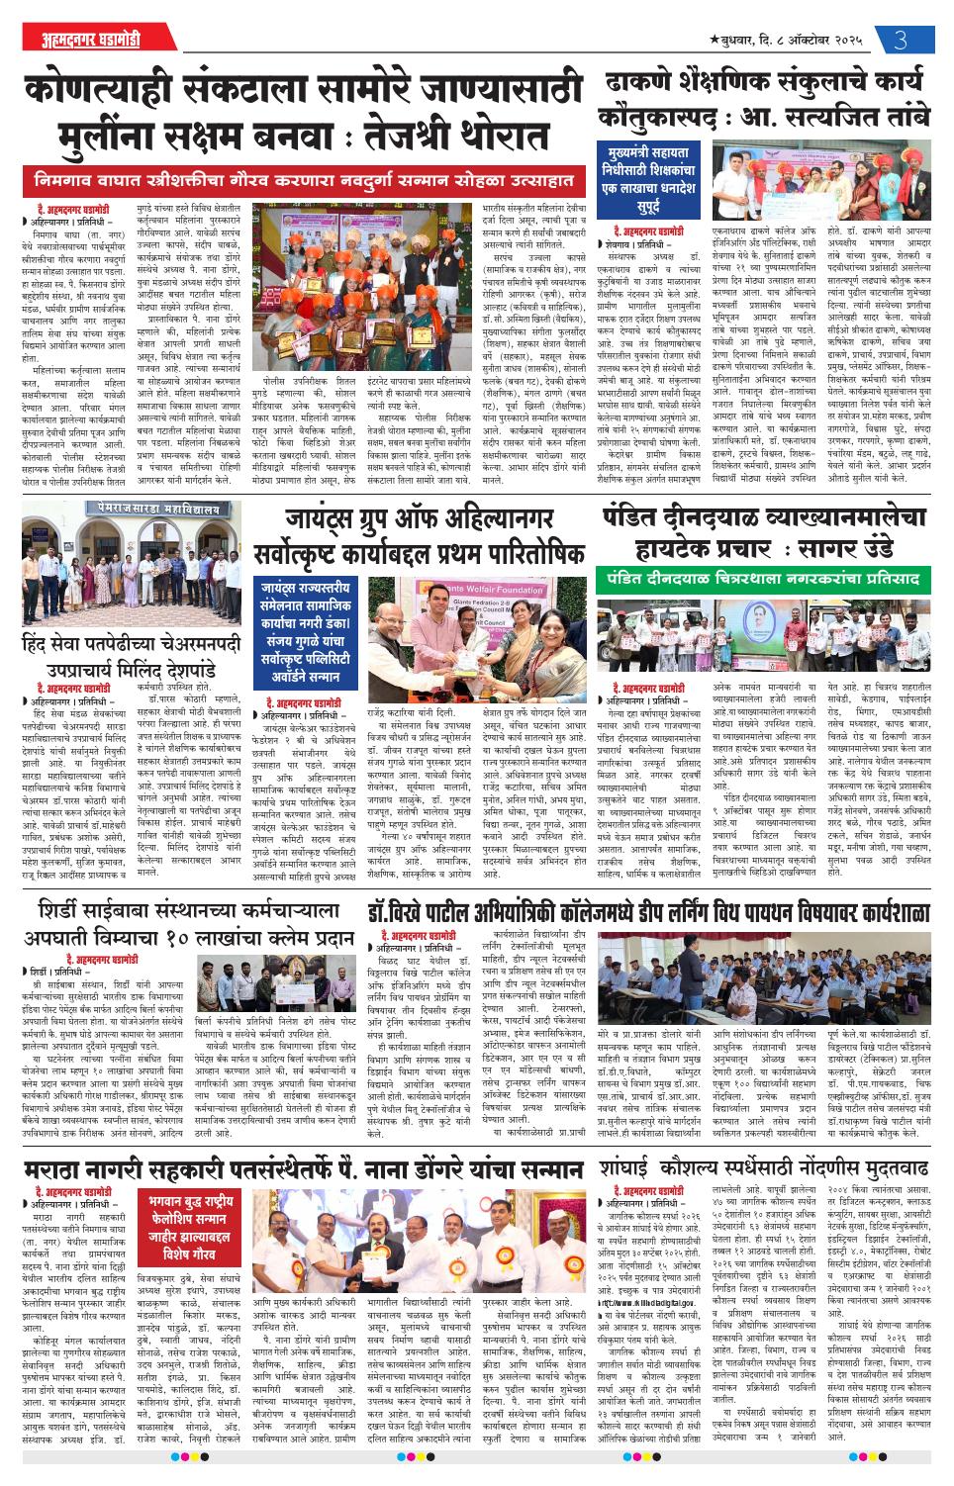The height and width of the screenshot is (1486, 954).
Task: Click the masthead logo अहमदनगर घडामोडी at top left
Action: pyautogui.click(x=77, y=45)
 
